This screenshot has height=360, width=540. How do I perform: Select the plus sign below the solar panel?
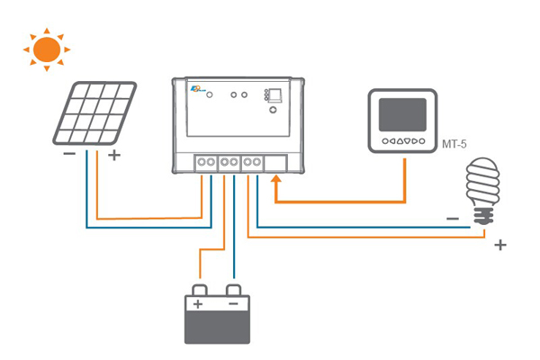[113, 155]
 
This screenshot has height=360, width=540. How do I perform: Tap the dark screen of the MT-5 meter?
[402, 116]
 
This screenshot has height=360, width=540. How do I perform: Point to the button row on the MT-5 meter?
[402, 142]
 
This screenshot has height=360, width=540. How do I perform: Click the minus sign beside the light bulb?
[452, 218]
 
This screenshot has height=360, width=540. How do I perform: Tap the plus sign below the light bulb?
[500, 244]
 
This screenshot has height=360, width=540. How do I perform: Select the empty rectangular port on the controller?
[275, 163]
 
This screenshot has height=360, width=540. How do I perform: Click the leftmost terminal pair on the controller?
[206, 163]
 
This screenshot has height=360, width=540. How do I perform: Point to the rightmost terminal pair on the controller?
[253, 163]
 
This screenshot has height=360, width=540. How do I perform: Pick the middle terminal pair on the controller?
[229, 163]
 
